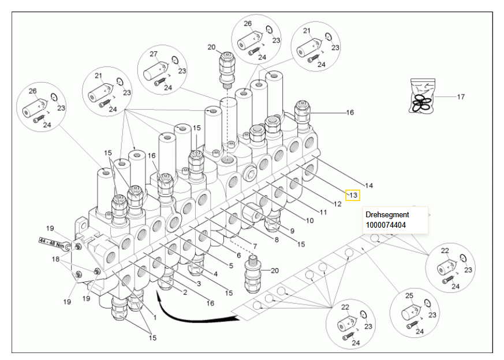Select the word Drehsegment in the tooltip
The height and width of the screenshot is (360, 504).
pos(387,214)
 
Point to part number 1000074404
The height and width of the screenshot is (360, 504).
pos(386,224)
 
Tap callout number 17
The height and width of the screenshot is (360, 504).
pos(461,97)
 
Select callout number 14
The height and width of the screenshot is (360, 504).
pos(369,185)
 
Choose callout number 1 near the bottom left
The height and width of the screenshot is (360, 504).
pos(155,317)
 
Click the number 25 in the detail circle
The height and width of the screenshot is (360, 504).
pos(409,296)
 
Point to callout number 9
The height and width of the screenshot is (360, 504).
pos(292,231)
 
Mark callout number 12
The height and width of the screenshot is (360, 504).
pos(338,203)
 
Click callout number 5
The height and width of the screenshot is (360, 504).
pos(231,266)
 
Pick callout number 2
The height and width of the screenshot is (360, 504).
pos(185,292)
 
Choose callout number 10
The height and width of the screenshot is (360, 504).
pos(309,220)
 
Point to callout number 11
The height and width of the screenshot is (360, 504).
pos(323,212)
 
